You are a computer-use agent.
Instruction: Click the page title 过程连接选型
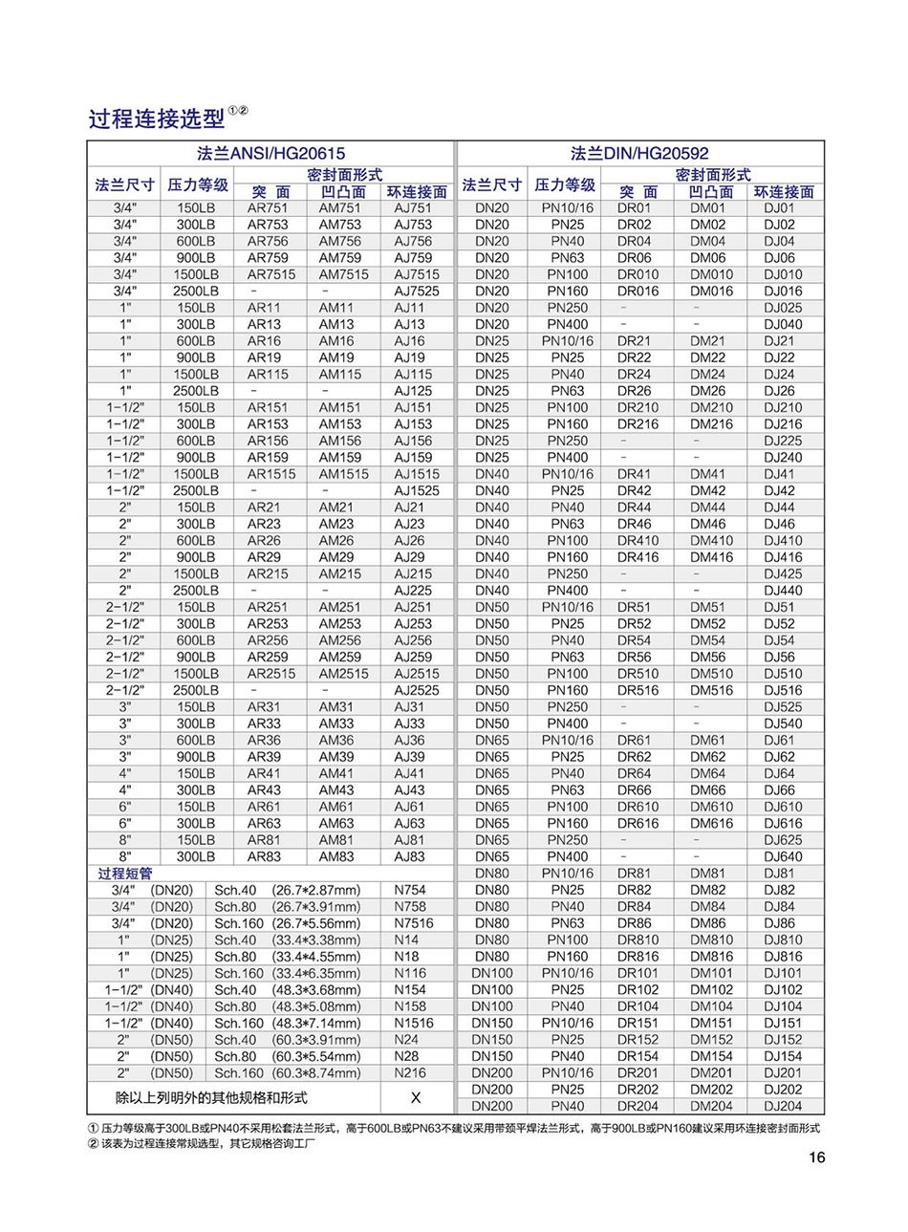point(157,119)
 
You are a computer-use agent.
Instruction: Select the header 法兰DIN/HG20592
point(639,153)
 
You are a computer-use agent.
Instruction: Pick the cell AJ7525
point(417,291)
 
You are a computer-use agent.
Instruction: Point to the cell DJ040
point(783,324)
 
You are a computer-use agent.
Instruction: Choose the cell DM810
point(711,940)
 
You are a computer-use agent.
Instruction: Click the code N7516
point(413,923)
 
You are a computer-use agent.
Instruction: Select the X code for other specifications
point(416,1098)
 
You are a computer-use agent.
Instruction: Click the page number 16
point(816,1157)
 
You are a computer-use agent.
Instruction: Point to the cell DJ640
point(783,856)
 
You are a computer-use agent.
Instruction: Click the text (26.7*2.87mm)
point(316,890)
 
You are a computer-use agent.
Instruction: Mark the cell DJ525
point(783,707)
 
